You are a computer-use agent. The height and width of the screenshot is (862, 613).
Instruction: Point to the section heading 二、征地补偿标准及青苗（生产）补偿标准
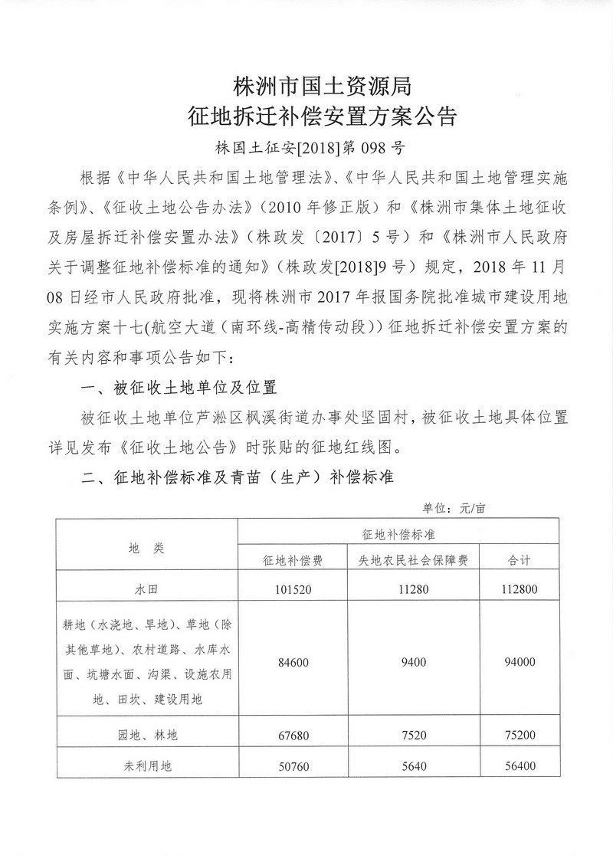[237, 477]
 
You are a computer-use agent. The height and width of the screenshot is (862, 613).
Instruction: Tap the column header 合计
[520, 560]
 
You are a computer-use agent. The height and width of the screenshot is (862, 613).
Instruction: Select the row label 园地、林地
[146, 735]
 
